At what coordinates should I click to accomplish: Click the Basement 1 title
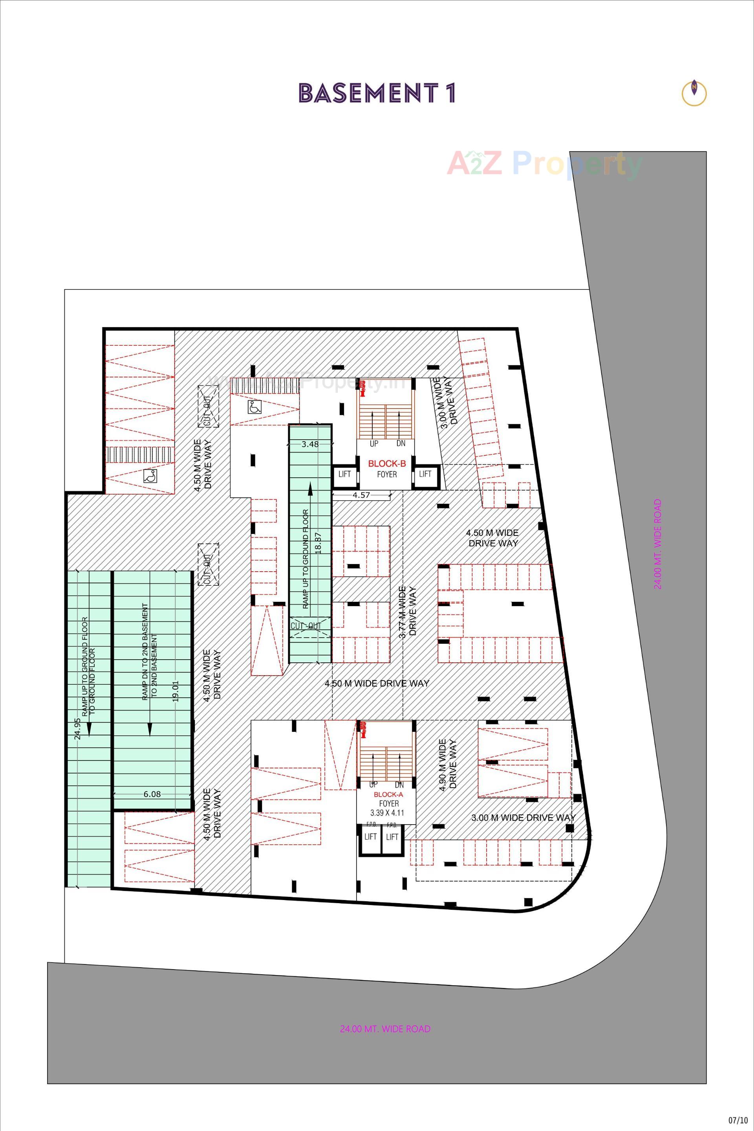tap(377, 93)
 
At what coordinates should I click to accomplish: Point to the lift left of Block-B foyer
tap(344, 474)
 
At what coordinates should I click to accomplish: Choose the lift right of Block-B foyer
tap(425, 474)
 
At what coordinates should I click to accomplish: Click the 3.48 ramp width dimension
tap(310, 445)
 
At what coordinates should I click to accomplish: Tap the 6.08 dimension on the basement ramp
tap(152, 794)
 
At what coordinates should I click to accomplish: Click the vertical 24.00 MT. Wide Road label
tap(657, 544)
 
